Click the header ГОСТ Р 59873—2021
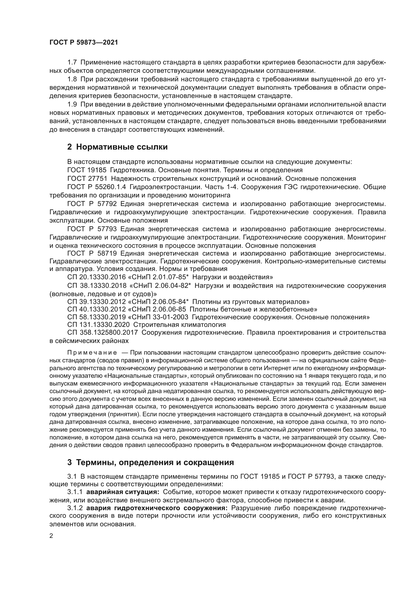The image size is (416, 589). pos(84,43)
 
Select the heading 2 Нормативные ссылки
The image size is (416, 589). pos(117,147)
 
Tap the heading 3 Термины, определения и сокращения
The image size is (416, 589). pos(151,462)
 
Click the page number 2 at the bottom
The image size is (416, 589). pos(51,536)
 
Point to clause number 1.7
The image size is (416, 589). pos(72,62)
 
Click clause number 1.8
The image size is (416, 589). pos(72,79)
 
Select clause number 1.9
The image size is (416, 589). pos(72,105)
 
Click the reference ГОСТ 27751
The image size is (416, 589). pos(87,179)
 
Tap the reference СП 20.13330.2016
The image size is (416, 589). pos(97,277)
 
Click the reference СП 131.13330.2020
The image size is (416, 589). pos(98,325)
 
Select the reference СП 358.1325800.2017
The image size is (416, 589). pos(102,333)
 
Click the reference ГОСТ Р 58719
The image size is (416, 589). pos(92,254)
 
